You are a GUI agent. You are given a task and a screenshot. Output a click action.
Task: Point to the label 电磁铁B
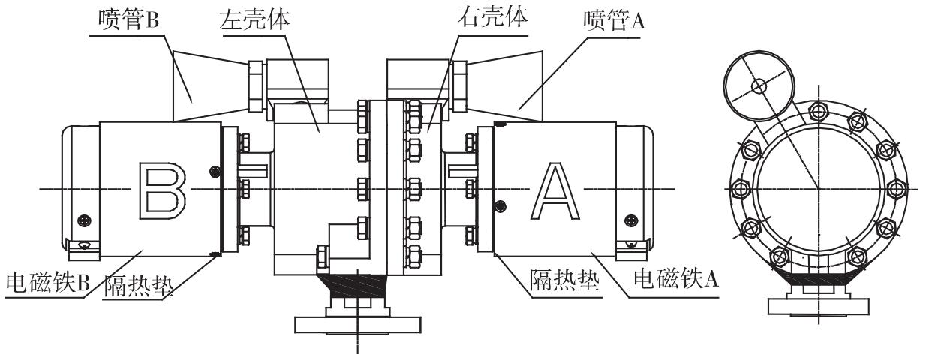click(x=47, y=283)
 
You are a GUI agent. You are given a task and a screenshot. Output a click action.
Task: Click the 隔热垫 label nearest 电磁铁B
click(x=143, y=287)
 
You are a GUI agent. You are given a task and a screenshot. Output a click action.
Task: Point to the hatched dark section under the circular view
click(x=817, y=279)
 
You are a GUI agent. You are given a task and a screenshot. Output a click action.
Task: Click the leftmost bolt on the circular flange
click(x=738, y=187)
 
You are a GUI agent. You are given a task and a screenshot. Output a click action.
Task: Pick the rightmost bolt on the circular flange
click(x=896, y=187)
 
